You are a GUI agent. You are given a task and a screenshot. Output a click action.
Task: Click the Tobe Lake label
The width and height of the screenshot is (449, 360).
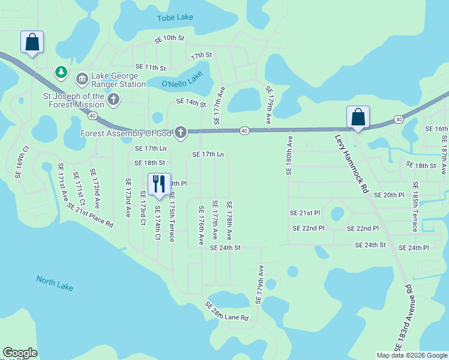(x=175, y=17)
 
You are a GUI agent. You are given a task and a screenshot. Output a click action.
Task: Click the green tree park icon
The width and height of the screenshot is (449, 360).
(x=61, y=73)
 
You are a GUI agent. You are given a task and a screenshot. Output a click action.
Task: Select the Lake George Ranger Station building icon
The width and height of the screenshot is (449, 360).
(x=82, y=79)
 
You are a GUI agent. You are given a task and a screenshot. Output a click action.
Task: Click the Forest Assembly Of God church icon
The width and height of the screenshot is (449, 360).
(x=181, y=131)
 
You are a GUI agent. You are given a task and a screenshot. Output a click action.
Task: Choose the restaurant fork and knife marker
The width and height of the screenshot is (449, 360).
(x=159, y=184)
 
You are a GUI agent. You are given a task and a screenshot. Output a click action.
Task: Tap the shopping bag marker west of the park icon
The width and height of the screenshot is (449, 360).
(x=32, y=42)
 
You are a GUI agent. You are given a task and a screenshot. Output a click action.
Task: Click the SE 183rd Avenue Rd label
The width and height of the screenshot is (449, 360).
(x=404, y=319)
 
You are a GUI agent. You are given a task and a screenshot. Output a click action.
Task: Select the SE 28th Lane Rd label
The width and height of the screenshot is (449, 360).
(x=226, y=312)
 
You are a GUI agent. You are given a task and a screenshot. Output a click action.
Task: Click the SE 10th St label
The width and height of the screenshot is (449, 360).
(x=169, y=38)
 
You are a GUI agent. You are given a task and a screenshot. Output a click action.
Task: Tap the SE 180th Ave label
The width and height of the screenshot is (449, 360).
(x=290, y=155)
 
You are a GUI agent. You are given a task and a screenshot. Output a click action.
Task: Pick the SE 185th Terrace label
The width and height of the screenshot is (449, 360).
(x=415, y=208)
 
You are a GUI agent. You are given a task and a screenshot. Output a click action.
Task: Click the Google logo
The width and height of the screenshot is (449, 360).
(x=20, y=353)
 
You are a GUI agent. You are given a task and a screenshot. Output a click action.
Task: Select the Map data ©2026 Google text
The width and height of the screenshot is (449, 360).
(x=411, y=355)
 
